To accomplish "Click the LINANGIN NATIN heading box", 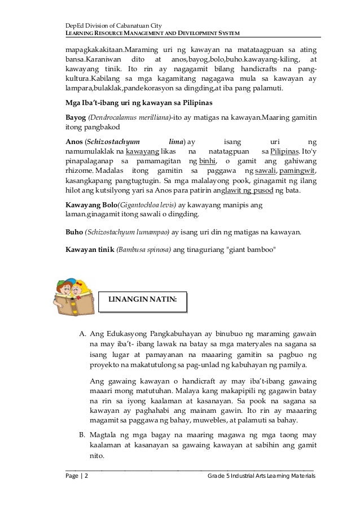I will [142, 303].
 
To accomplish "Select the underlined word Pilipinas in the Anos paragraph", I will [284, 152].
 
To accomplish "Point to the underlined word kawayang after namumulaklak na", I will [142, 152].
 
